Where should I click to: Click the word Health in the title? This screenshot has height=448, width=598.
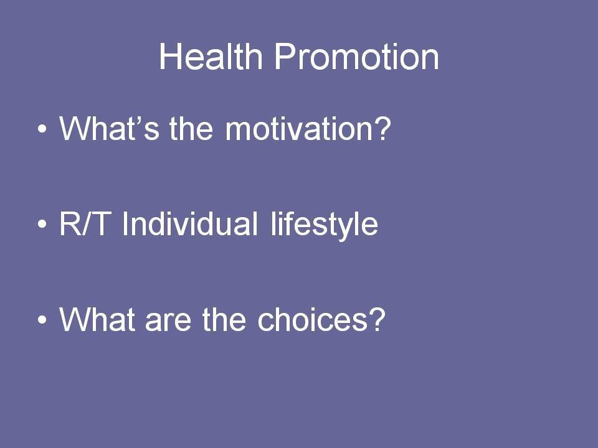[x=211, y=56]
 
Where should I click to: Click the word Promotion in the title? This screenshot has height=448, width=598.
[x=356, y=57]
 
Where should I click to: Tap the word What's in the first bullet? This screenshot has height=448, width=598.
[x=109, y=128]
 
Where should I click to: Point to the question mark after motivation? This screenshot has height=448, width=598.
[x=382, y=128]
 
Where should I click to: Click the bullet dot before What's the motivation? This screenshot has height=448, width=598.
[x=42, y=129]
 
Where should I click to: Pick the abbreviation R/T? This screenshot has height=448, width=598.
[x=83, y=223]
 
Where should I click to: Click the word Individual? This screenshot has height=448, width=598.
[x=189, y=223]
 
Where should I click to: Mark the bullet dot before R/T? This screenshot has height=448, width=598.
[x=42, y=224]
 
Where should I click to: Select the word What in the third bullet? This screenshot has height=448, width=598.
[x=97, y=319]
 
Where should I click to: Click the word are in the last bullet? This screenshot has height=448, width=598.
[x=168, y=322]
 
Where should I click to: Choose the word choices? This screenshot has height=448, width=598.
[x=313, y=319]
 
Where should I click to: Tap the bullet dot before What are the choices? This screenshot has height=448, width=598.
[x=42, y=319]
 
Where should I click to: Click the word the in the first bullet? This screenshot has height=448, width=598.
[x=191, y=128]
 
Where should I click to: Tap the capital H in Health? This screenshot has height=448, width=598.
[x=170, y=57]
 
